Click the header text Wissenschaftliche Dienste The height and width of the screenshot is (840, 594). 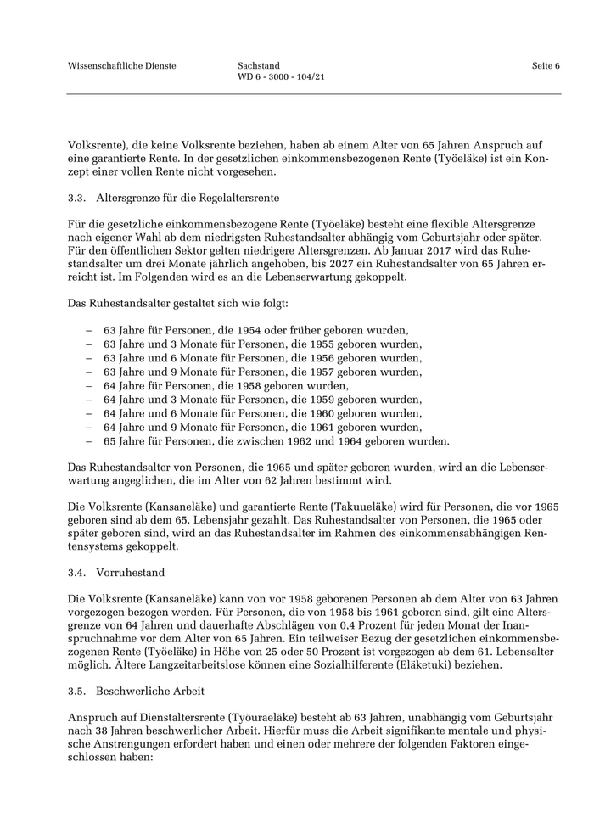[x=122, y=66]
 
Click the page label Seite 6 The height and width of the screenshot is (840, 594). [x=546, y=66]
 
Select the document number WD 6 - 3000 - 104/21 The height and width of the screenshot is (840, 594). [x=283, y=77]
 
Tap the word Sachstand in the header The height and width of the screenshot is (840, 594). [x=259, y=66]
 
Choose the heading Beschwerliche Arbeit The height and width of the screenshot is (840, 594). [x=150, y=691]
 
